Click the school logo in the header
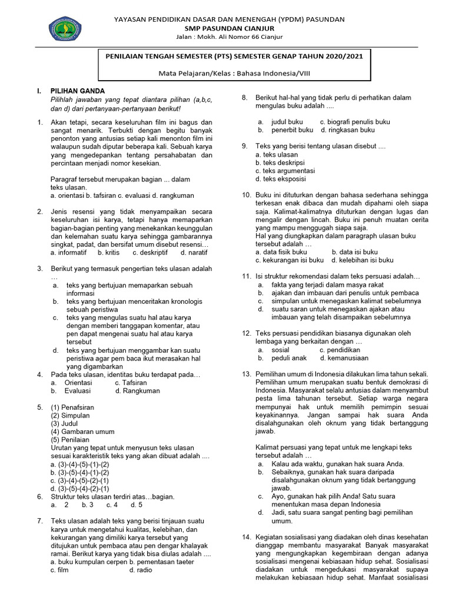pos(65,28)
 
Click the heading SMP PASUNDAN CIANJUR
pos(230,28)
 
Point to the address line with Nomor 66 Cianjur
pos(230,37)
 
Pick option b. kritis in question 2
pos(108,253)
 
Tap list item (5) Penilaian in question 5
pos(70,440)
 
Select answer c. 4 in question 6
pos(112,505)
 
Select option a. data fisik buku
pos(277,251)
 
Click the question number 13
pos(247,374)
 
